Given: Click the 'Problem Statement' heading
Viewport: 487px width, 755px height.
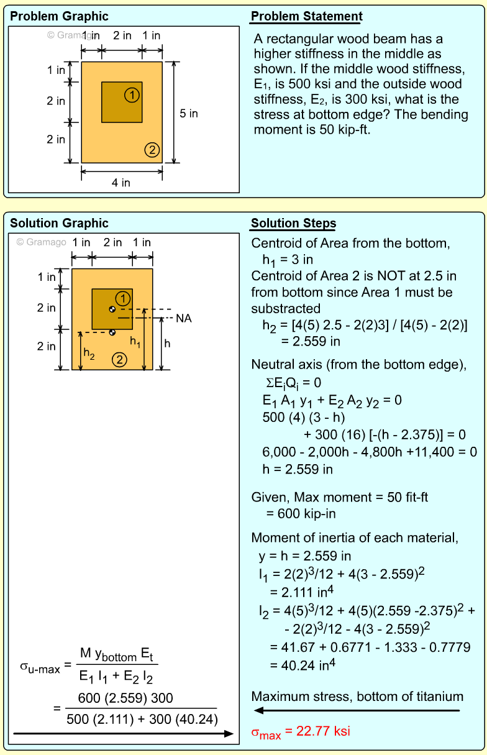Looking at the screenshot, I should pyautogui.click(x=306, y=17).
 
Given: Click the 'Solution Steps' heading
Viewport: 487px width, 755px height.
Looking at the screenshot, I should pyautogui.click(x=293, y=224).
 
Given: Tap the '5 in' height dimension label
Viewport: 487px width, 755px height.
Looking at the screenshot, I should pyautogui.click(x=189, y=113).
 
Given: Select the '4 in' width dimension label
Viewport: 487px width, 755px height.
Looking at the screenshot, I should pyautogui.click(x=121, y=182).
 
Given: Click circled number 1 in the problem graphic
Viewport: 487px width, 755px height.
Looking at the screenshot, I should pyautogui.click(x=131, y=94).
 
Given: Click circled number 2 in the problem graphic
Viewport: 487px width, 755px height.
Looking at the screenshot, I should pyautogui.click(x=152, y=149).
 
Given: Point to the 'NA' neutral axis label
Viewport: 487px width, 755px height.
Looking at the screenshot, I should pyautogui.click(x=184, y=318).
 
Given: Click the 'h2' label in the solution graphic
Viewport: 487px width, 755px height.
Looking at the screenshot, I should pyautogui.click(x=89, y=354).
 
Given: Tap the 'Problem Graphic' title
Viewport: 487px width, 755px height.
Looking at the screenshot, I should pyautogui.click(x=59, y=17).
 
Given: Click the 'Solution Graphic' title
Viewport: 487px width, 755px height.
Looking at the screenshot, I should pyautogui.click(x=59, y=224).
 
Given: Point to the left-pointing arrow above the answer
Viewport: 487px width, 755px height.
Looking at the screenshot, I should pyautogui.click(x=357, y=710).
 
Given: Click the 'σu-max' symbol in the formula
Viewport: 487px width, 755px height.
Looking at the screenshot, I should pyautogui.click(x=40, y=668).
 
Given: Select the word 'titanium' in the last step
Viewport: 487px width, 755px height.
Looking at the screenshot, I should pyautogui.click(x=440, y=697).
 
